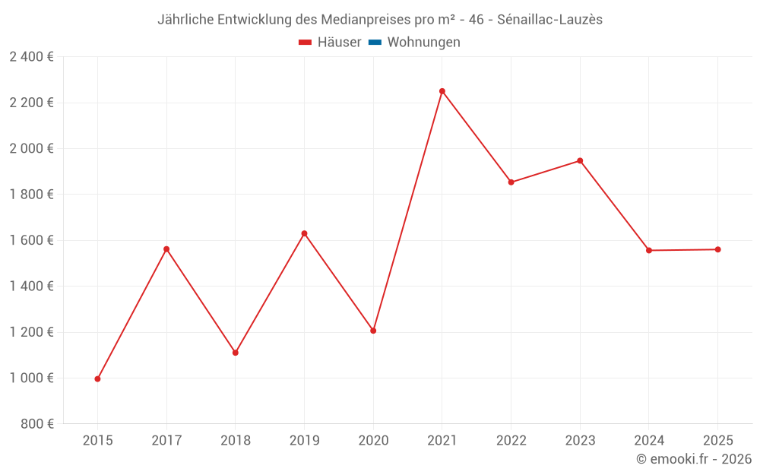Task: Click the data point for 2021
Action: pos(442,91)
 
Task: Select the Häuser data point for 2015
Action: pos(97,378)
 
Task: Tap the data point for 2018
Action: pos(236,353)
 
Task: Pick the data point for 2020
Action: pos(373,331)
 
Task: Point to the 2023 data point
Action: pos(580,160)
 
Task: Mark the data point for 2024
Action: pos(649,250)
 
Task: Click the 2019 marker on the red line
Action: pos(304,233)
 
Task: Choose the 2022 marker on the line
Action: pos(511,182)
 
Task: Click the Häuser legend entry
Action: pos(330,43)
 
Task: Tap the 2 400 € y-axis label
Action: pos(31,57)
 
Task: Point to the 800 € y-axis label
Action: pos(37,424)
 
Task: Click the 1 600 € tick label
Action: pos(31,240)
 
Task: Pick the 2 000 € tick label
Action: pos(31,149)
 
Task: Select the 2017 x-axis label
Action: pos(166,440)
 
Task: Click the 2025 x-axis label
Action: pos(717,440)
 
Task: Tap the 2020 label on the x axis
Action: pos(373,440)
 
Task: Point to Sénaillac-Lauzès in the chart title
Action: pos(549,20)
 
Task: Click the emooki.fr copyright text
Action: pos(694,459)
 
